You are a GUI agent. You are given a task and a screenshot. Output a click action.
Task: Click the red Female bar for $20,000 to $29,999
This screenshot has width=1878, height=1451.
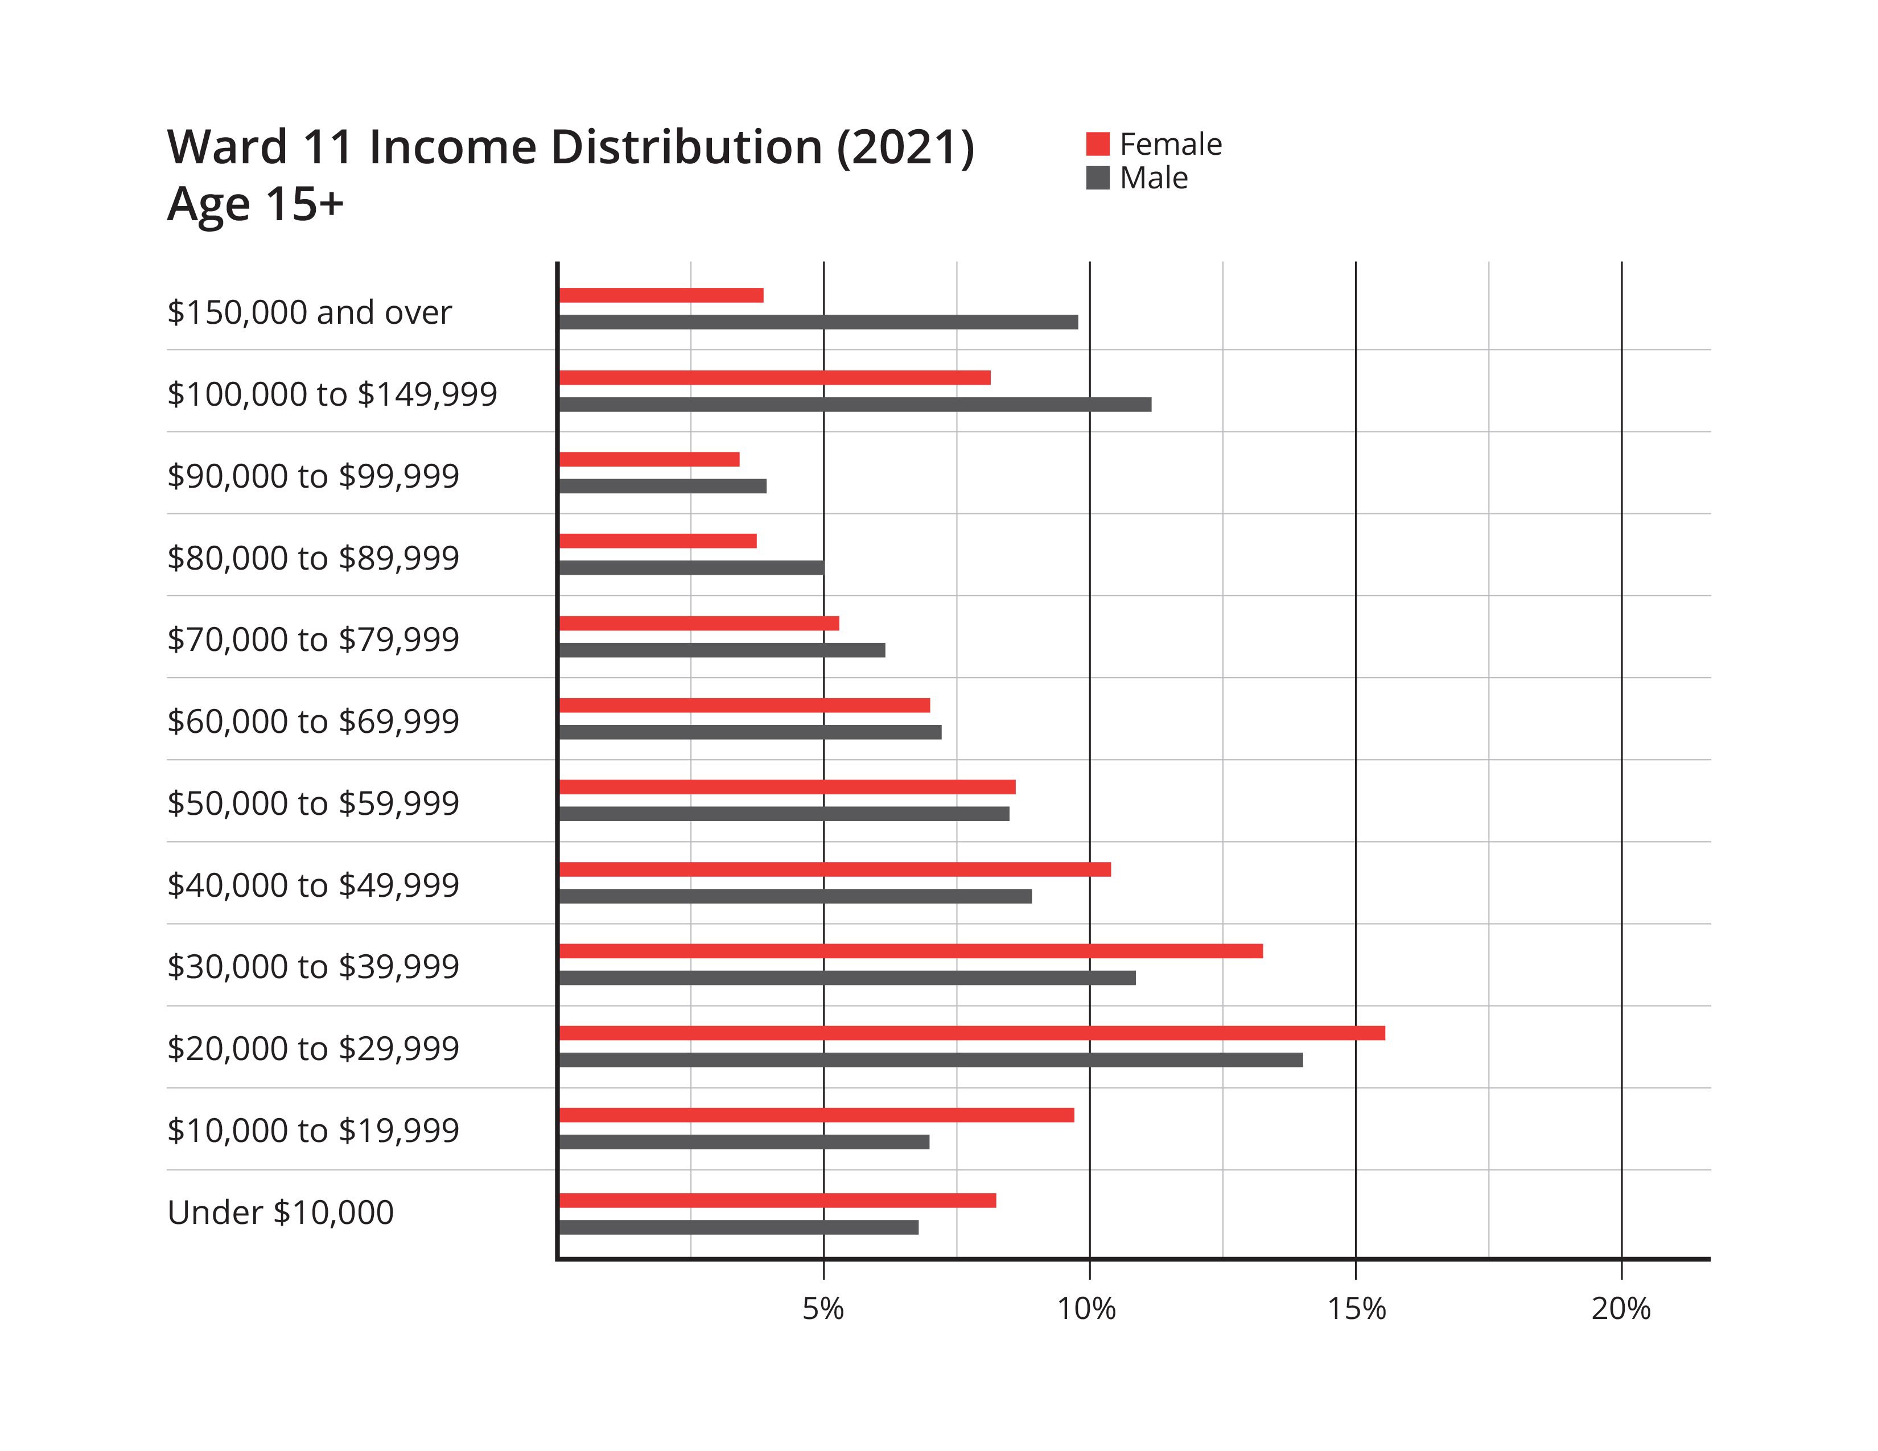point(971,1033)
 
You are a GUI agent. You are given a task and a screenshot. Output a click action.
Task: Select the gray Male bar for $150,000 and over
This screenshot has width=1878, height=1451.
point(818,322)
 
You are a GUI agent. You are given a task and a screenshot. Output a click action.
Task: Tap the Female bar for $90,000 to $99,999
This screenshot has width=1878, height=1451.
point(649,460)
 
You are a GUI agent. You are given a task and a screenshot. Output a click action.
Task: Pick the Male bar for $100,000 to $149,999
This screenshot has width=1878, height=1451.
point(855,404)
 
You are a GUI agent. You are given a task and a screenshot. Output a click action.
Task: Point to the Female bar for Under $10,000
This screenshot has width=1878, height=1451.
point(777,1201)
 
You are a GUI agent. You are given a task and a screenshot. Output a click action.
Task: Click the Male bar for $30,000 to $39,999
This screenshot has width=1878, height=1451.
point(847,978)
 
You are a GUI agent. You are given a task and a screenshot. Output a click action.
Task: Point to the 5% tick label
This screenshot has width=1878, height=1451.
point(823,1309)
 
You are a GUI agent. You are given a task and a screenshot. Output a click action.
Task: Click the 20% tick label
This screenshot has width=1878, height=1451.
point(1621,1309)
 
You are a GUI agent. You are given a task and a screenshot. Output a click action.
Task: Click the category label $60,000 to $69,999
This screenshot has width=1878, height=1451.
point(313,721)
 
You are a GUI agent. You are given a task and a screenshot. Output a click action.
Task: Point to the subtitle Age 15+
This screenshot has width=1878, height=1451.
point(256,205)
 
